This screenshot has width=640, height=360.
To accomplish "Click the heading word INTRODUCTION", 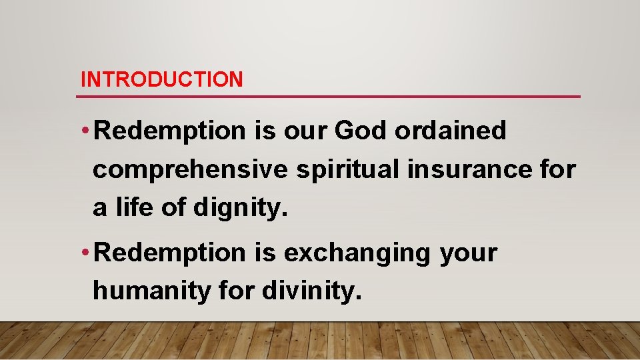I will tap(161, 80).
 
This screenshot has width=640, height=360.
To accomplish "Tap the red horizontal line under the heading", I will tap(328, 97).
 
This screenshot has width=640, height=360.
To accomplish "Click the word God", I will tap(360, 131).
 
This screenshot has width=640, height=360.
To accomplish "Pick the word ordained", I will tap(451, 131).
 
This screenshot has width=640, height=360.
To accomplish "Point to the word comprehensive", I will tap(190, 170).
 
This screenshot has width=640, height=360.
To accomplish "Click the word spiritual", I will tap(347, 170).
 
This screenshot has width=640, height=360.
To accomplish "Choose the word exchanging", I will tap(357, 253).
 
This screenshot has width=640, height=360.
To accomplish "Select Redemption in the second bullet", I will tap(171, 253).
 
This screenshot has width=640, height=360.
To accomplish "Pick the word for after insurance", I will tap(559, 169).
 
